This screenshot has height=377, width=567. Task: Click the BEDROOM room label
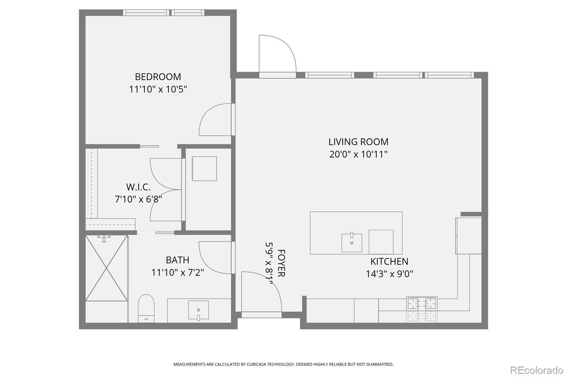158,76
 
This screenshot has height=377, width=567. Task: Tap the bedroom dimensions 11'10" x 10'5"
158,89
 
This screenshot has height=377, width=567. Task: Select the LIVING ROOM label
358,142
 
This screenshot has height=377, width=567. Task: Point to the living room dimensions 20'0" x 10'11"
358,154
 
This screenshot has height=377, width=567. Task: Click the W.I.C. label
138,187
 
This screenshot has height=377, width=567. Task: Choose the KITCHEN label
389,261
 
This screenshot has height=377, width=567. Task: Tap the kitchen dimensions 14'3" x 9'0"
389,274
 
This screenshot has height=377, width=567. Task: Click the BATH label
178,260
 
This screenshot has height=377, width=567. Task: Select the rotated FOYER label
281,263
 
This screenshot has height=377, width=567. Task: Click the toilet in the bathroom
146,308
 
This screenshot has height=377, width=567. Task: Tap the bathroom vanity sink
198,310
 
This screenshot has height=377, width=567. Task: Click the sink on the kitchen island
352,243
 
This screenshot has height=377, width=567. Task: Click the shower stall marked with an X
107,268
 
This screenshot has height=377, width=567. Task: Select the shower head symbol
104,239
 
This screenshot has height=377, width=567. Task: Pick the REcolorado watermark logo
537,370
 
